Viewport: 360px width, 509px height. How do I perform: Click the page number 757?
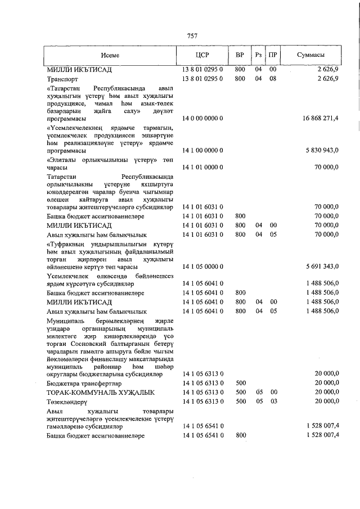[x=192, y=36]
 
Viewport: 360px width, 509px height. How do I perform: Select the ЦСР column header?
[x=202, y=55]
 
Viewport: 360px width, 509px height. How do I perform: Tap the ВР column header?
[x=240, y=55]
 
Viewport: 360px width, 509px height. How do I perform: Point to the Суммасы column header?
[x=310, y=55]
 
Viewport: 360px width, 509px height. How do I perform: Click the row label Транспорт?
[x=64, y=79]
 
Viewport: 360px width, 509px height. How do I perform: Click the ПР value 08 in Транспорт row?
[x=273, y=79]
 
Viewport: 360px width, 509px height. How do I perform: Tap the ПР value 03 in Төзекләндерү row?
[x=273, y=402]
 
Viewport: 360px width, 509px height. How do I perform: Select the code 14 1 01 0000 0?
[x=203, y=167]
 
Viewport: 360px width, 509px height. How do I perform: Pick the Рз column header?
[x=258, y=55]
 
